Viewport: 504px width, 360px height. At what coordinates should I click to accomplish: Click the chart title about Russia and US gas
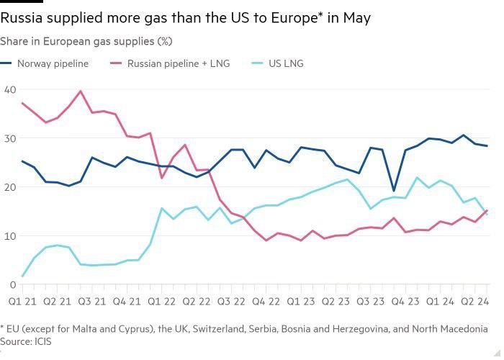pyautogui.click(x=186, y=18)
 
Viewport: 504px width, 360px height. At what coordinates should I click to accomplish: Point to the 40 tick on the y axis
pyautogui.click(x=9, y=89)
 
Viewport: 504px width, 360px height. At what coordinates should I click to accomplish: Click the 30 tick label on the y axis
pyautogui.click(x=9, y=138)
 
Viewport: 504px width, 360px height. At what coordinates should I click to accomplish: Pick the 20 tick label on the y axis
pyautogui.click(x=9, y=187)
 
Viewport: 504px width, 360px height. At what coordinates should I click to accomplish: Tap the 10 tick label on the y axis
pyautogui.click(x=9, y=236)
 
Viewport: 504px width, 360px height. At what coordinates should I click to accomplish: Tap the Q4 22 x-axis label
pyautogui.click(x=266, y=300)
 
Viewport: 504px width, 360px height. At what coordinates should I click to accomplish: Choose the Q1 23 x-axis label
pyautogui.click(x=300, y=300)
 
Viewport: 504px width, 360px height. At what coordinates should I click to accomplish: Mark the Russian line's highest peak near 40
pyautogui.click(x=80, y=91)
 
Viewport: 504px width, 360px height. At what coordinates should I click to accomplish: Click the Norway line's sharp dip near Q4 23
pyautogui.click(x=394, y=211)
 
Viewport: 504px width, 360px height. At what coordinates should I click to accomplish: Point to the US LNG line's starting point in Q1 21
pyautogui.click(x=22, y=276)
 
